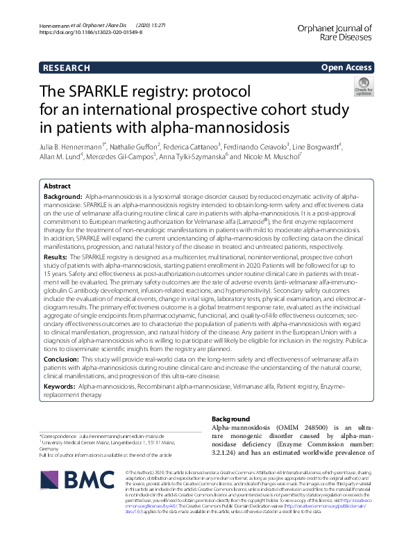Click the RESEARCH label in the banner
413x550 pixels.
click(66, 68)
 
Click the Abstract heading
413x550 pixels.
click(57, 187)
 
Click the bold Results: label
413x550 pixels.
click(55, 257)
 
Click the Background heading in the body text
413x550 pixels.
click(230, 419)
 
